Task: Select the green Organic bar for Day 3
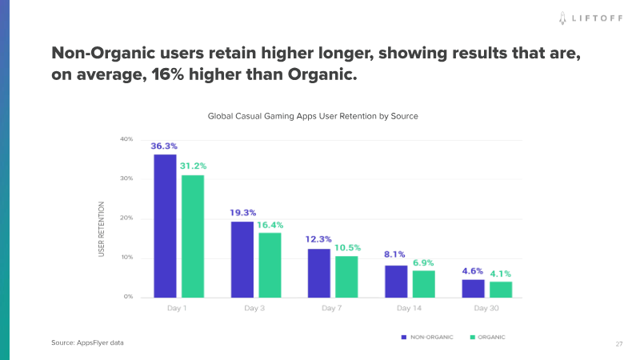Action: pos(270,265)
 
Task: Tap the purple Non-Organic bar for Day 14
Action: pos(396,281)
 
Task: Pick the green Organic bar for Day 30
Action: pos(501,289)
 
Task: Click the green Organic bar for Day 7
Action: pos(346,276)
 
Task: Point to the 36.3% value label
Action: pos(164,146)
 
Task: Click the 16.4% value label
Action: pos(270,225)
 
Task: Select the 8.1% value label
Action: pos(395,255)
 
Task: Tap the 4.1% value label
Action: pos(502,274)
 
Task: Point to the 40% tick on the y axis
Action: pos(126,139)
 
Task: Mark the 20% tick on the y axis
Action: pos(126,218)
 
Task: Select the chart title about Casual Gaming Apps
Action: pos(313,116)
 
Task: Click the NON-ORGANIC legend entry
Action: pos(427,338)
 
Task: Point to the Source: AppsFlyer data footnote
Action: pos(88,342)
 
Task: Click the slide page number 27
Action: pos(619,343)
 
